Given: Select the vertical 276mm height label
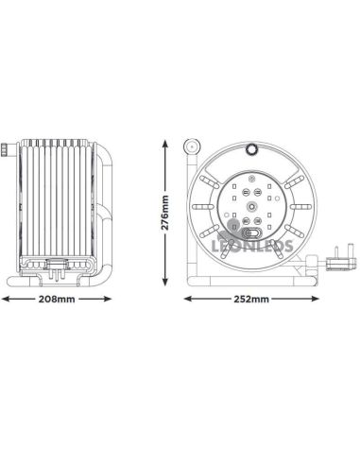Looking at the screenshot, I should (165, 214).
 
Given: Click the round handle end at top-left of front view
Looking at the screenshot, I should (191, 147).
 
